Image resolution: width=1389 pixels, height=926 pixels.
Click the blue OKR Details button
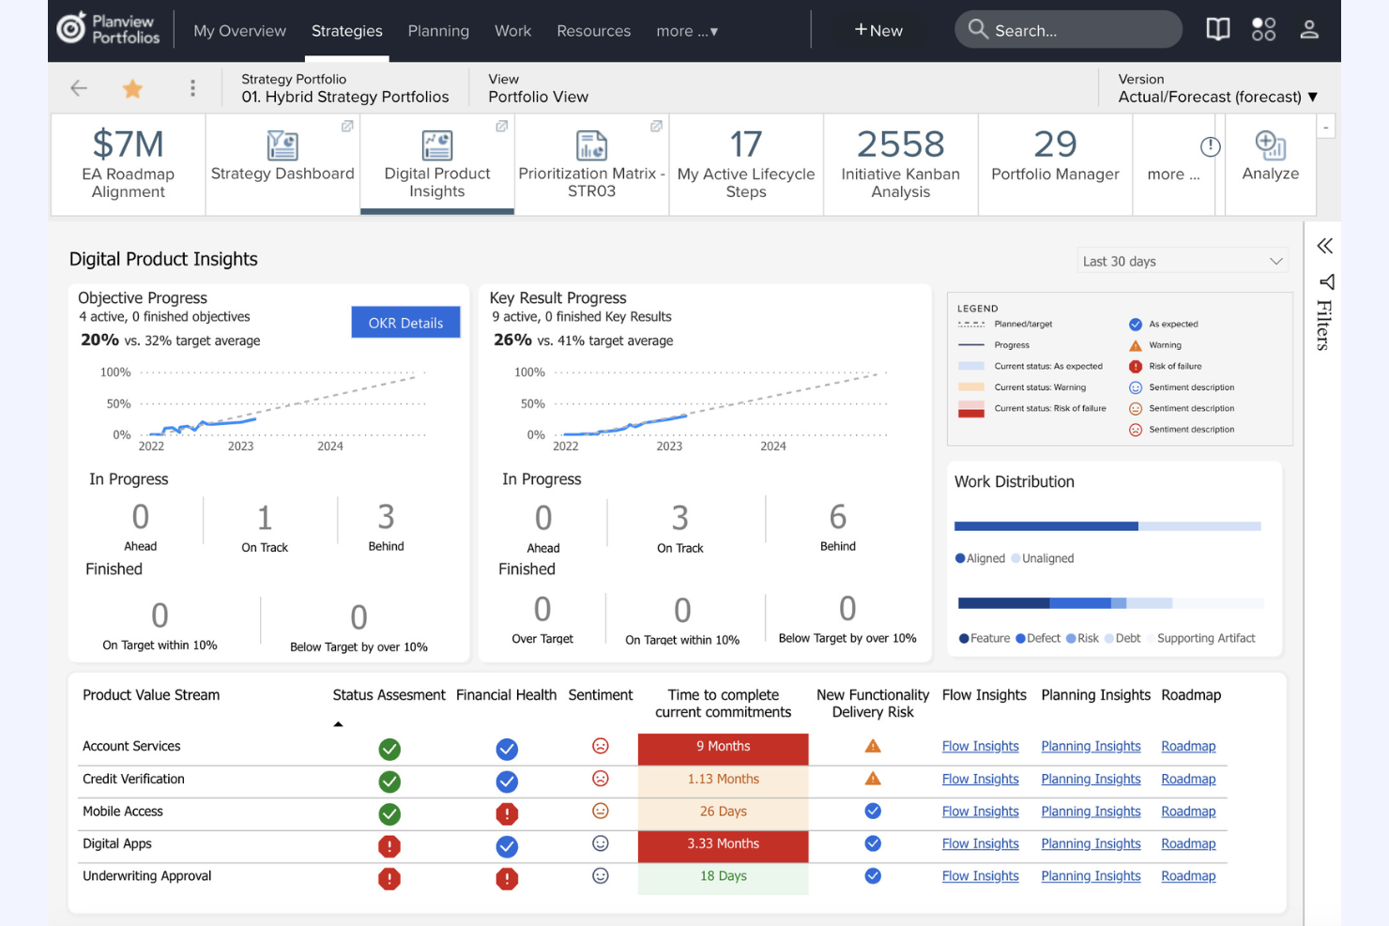[405, 323]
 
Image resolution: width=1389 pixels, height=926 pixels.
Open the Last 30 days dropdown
[1182, 261]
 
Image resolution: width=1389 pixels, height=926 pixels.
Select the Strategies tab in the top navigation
[346, 30]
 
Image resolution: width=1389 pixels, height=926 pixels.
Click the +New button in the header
[878, 30]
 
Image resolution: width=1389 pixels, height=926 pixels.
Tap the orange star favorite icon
[132, 88]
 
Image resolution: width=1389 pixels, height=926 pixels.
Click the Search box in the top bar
[1068, 30]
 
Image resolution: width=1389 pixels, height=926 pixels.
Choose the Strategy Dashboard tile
[282, 164]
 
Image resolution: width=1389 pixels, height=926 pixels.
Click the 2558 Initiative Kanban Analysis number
[900, 144]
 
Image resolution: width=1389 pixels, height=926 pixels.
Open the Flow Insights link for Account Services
[981, 746]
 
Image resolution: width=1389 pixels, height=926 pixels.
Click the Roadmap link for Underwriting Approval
[1188, 875]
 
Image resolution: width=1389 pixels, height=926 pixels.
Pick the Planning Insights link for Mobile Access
[1091, 812]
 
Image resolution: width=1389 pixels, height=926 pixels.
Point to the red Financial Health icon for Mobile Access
[507, 813]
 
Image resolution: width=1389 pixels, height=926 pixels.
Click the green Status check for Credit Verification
[389, 782]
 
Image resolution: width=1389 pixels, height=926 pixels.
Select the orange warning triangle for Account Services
[873, 746]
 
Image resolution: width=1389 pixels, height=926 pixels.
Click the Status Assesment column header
[389, 695]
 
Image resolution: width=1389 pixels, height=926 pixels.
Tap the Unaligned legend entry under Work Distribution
[1043, 558]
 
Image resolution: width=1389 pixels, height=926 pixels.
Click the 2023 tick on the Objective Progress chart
[240, 446]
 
